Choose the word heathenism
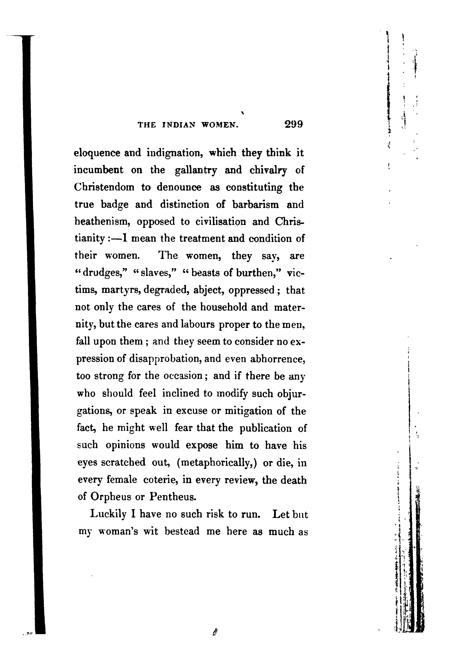(103, 222)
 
